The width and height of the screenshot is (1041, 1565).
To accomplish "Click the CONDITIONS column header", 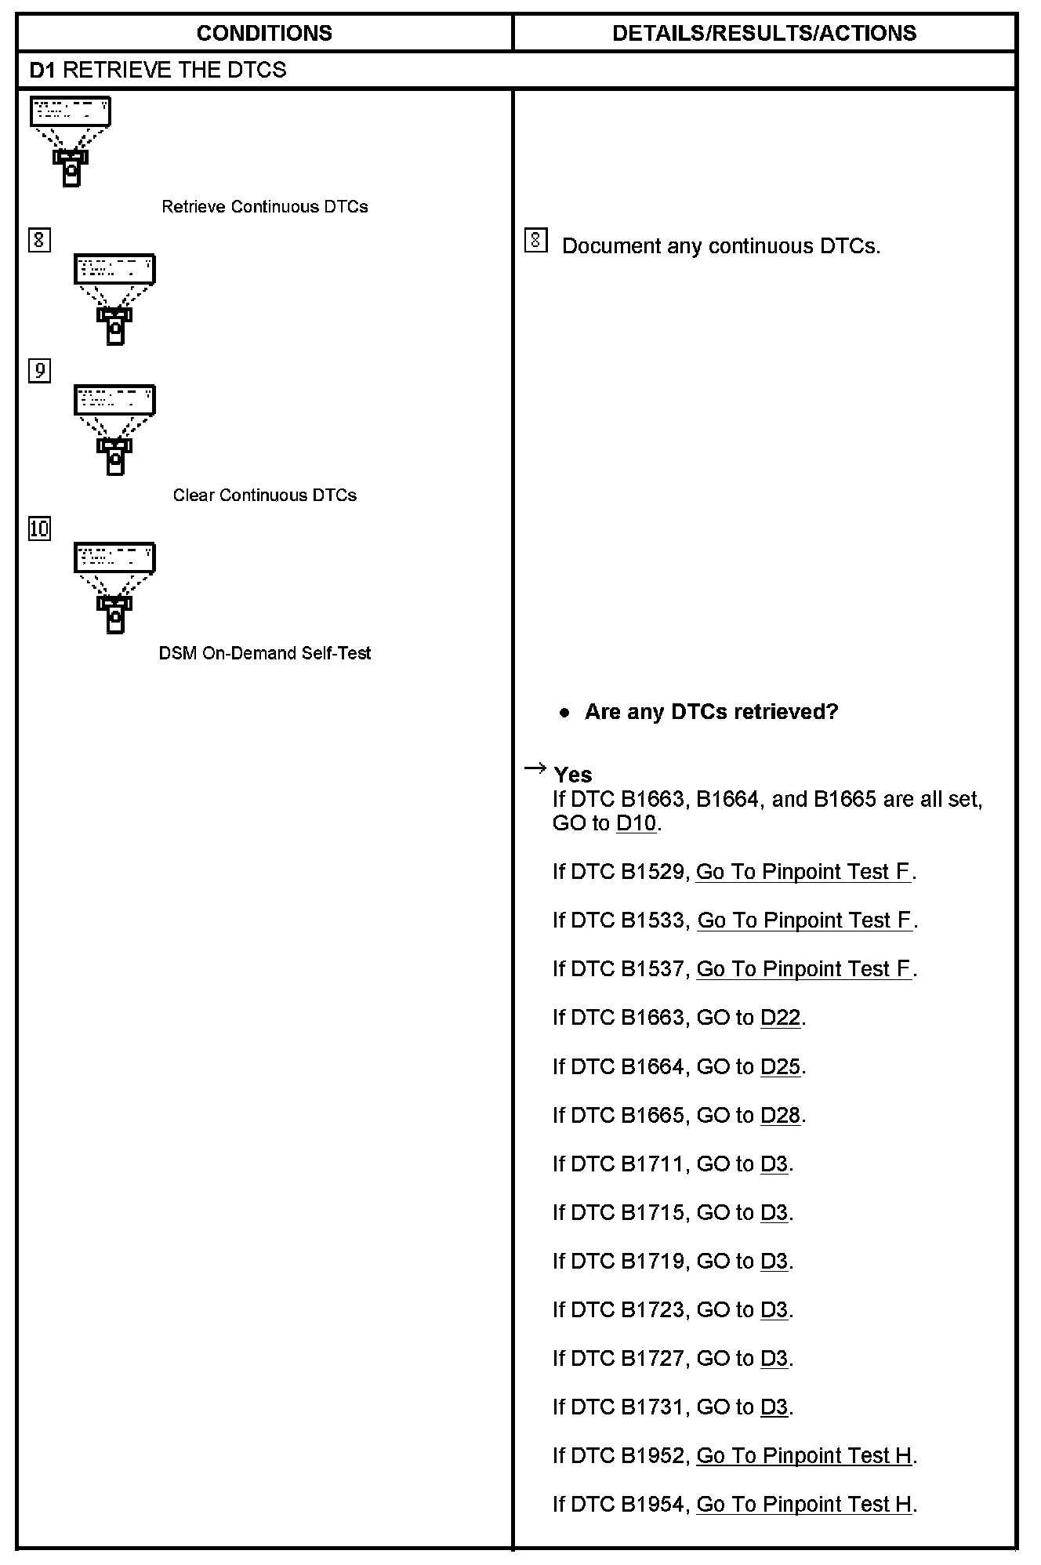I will [x=264, y=33].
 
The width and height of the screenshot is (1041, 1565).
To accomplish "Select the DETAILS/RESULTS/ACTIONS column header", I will [x=764, y=33].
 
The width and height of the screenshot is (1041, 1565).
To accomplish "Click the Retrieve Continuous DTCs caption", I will [x=264, y=207].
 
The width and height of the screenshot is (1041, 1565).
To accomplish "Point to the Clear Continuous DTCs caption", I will [x=264, y=496].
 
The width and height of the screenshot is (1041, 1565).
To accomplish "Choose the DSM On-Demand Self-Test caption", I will [x=264, y=653].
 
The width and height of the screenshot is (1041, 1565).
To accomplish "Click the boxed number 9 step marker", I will [x=39, y=370].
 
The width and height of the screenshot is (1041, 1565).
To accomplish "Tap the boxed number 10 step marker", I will [x=39, y=528].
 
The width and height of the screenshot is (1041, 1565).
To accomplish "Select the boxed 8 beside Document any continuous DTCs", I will [x=535, y=241].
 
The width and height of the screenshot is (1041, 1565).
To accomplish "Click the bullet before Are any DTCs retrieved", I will [x=564, y=713].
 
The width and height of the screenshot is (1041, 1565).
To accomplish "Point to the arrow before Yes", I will [x=535, y=768].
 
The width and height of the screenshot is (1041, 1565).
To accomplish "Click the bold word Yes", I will [x=572, y=775].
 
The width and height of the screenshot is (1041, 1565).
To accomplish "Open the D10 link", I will [x=636, y=823].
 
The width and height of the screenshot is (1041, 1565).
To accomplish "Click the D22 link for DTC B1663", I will [x=780, y=1018].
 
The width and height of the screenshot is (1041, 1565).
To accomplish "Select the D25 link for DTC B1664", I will [x=780, y=1066].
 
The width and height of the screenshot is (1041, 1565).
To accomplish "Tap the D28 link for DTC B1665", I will [x=780, y=1115].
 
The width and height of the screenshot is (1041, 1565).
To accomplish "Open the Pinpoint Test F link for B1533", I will [x=804, y=920].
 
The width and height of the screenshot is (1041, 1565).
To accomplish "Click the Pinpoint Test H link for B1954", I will [x=803, y=1504].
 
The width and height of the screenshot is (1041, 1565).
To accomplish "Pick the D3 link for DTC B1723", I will [x=774, y=1309].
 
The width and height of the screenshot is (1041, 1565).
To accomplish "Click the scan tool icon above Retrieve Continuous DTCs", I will [x=71, y=141].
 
